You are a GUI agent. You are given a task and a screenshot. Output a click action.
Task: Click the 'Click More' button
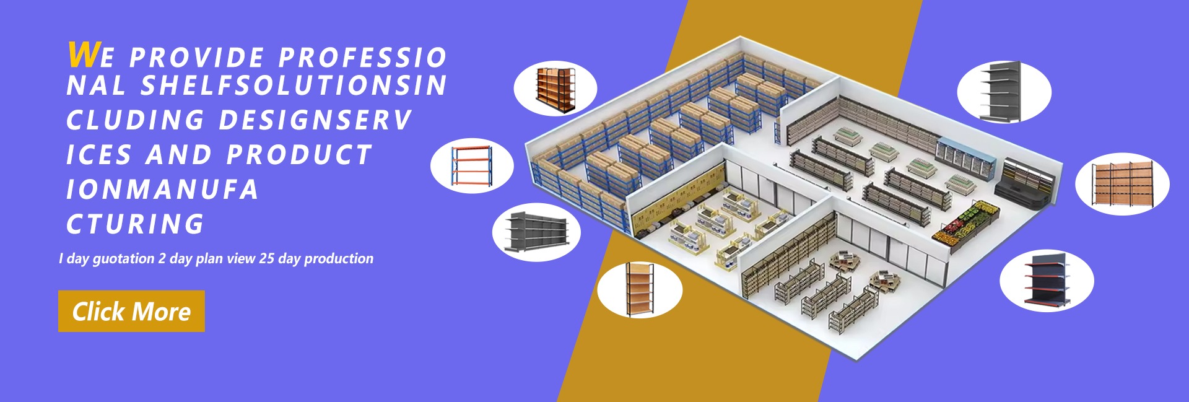point(131,311)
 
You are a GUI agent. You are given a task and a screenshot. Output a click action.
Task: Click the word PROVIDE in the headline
point(197,58)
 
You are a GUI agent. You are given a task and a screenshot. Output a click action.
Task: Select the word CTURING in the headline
point(135,224)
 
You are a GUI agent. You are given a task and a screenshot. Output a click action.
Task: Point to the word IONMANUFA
point(162,190)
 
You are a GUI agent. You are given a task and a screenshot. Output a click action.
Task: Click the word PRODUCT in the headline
point(299,155)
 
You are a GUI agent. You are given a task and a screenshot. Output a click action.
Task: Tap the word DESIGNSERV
point(315,120)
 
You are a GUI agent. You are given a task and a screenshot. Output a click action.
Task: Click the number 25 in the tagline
point(267,258)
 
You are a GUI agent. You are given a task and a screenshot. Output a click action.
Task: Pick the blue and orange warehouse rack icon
point(472,165)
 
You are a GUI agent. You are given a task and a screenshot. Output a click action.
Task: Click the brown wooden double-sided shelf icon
point(555,89)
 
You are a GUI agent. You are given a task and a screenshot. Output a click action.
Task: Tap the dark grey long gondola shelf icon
point(536,232)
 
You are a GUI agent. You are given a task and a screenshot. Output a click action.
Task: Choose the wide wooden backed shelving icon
point(1121,184)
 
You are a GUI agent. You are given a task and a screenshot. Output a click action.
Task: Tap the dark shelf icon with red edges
point(1047,280)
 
